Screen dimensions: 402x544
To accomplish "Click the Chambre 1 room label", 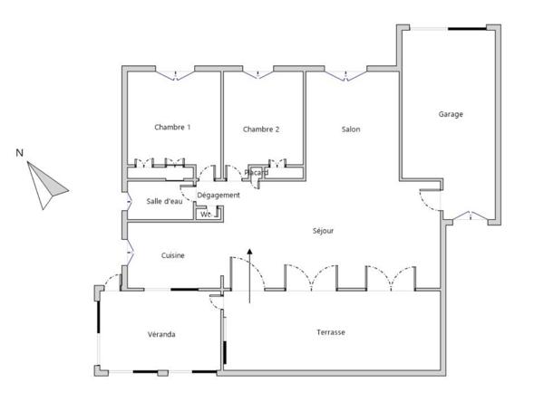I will click(172, 128).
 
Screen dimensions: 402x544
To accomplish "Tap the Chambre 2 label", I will click(261, 129).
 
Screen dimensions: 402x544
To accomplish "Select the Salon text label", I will click(351, 129).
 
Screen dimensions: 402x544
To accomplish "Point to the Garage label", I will click(451, 114).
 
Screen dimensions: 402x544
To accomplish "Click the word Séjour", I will click(323, 231).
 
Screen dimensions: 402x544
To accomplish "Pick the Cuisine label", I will click(173, 255).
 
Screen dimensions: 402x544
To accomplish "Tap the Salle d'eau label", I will click(164, 201).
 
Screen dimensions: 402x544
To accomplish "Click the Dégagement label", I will click(219, 195).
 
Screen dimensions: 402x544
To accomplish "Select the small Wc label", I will click(205, 215).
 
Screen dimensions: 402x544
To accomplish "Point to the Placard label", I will click(257, 172).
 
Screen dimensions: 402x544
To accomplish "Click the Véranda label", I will click(161, 334).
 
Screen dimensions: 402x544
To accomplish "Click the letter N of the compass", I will click(19, 152).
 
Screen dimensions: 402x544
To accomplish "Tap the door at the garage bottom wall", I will click(470, 216).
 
